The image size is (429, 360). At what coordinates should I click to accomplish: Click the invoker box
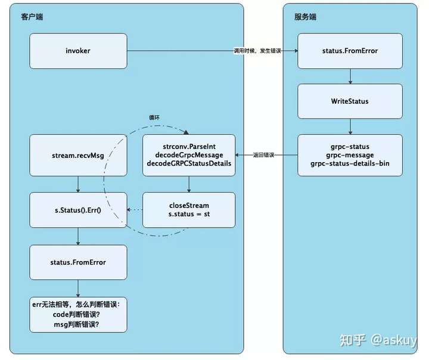(x=78, y=51)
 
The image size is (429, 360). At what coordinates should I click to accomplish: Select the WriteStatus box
(x=350, y=101)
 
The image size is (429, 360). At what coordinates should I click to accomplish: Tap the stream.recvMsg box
(x=78, y=155)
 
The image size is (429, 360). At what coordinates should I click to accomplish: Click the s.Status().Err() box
(x=78, y=210)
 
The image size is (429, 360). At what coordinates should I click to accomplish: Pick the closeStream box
(x=189, y=210)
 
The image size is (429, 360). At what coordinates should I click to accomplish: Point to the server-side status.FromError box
(x=350, y=51)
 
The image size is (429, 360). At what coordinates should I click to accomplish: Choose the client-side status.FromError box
(x=78, y=262)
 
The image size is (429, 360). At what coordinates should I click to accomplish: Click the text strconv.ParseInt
(x=189, y=147)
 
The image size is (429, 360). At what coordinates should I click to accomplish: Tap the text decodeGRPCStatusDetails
(x=189, y=163)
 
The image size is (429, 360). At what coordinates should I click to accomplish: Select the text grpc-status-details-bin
(x=350, y=163)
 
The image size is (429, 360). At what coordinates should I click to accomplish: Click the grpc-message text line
(x=350, y=155)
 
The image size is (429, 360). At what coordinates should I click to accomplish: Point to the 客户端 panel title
(x=32, y=17)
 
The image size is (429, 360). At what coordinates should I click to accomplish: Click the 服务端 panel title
(x=305, y=17)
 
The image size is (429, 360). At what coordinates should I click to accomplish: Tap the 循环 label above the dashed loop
(x=154, y=117)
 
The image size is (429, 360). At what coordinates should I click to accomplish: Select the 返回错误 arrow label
(x=263, y=155)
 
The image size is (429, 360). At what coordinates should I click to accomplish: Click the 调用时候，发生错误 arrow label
(x=257, y=51)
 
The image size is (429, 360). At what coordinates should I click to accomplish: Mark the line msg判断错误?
(x=76, y=324)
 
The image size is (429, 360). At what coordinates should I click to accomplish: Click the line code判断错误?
(x=76, y=315)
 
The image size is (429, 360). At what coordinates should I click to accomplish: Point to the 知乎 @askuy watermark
(x=378, y=340)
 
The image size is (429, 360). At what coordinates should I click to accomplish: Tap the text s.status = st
(x=189, y=214)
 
